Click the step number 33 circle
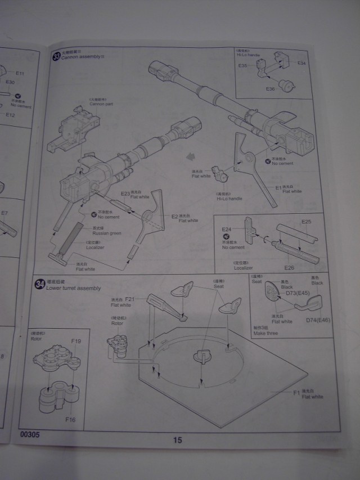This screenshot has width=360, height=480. click(x=55, y=56)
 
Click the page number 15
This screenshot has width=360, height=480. click(x=177, y=440)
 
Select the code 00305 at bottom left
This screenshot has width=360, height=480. click(x=29, y=435)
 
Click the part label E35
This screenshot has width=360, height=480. click(x=242, y=66)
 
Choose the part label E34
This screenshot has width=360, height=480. click(x=301, y=62)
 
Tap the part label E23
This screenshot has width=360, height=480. click(x=125, y=193)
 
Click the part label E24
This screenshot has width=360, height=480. click(x=226, y=230)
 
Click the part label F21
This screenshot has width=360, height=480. click(x=129, y=299)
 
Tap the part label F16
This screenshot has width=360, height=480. click(x=70, y=419)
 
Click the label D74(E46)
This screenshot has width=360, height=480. click(x=318, y=320)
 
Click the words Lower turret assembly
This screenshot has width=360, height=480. click(x=74, y=288)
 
